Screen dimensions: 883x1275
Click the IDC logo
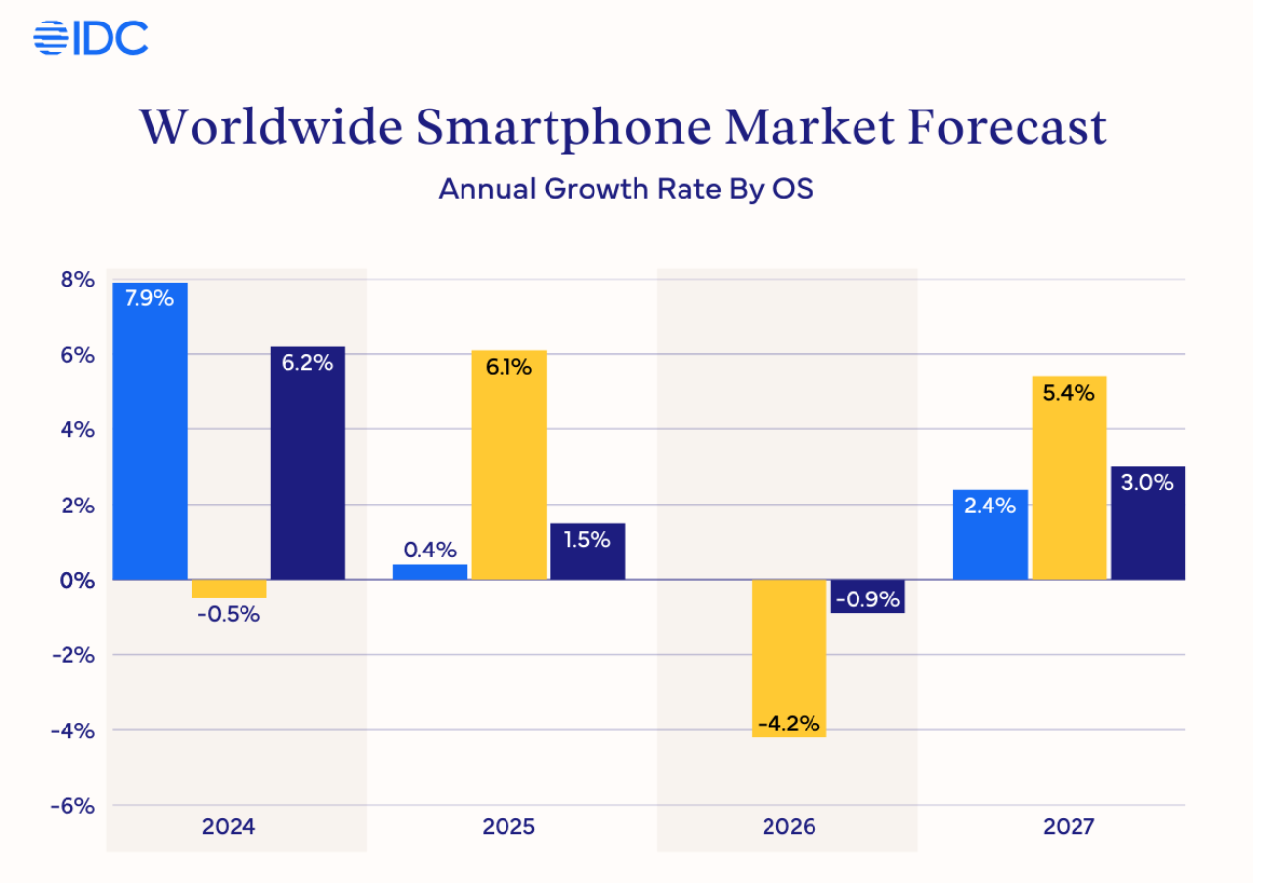[90, 38]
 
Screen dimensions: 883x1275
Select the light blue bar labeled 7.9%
[150, 430]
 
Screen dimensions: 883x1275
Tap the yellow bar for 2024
[229, 589]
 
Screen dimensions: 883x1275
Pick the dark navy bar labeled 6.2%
[307, 463]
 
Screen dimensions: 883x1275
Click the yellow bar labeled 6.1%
[508, 464]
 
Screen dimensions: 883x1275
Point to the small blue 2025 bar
[429, 572]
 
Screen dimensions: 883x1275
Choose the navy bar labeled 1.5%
[588, 552]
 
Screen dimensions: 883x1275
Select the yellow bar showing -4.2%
[789, 657]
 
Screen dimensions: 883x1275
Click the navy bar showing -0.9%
[868, 596]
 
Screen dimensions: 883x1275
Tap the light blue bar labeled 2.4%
[989, 534]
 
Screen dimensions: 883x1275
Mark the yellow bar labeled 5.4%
[1069, 477]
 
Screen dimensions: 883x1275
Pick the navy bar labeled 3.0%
[1148, 522]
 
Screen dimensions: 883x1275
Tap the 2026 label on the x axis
[788, 827]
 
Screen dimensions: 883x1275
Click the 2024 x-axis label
[229, 827]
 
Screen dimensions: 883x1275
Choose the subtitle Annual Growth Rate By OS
[626, 189]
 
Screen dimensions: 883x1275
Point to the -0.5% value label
[229, 616]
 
